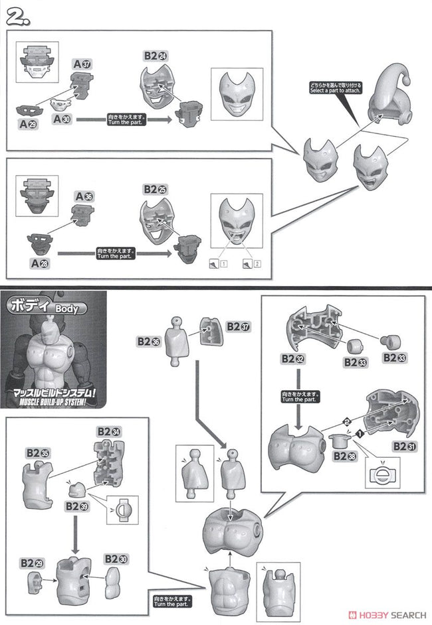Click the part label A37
tap(82, 64)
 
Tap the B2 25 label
tap(154, 189)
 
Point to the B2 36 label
tap(149, 341)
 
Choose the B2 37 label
tap(237, 326)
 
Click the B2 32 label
tap(292, 358)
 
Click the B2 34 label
tap(110, 432)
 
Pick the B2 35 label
tap(38, 452)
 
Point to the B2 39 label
tap(76, 506)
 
